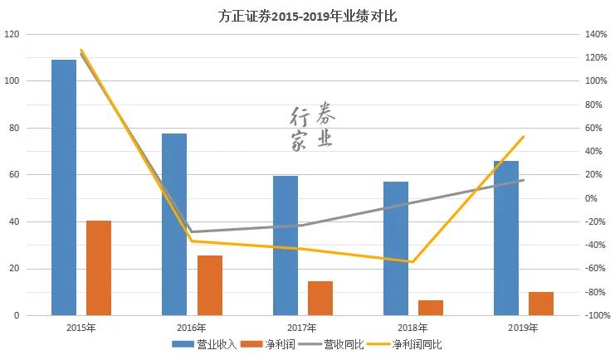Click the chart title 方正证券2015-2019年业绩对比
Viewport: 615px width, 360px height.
click(x=306, y=16)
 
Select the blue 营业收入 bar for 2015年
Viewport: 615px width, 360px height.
click(x=64, y=187)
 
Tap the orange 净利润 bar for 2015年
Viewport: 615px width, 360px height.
click(x=99, y=268)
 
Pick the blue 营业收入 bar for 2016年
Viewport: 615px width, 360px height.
click(x=174, y=224)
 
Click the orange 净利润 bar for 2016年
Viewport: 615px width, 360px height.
click(x=210, y=285)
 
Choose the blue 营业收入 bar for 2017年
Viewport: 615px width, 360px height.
click(x=286, y=246)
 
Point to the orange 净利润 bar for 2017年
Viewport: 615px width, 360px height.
click(x=320, y=299)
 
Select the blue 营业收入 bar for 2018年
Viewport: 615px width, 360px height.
click(x=396, y=248)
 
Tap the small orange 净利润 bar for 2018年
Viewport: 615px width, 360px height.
click(x=431, y=308)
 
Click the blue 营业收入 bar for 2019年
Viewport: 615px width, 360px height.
click(x=506, y=238)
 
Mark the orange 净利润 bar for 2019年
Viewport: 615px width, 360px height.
click(x=541, y=304)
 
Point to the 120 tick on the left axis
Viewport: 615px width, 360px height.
click(x=12, y=34)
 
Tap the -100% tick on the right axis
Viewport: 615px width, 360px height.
click(x=596, y=316)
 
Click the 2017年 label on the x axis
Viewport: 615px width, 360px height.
click(x=302, y=328)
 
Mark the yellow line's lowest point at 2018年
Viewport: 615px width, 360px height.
click(x=412, y=262)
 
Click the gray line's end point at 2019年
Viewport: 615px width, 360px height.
click(x=524, y=180)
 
